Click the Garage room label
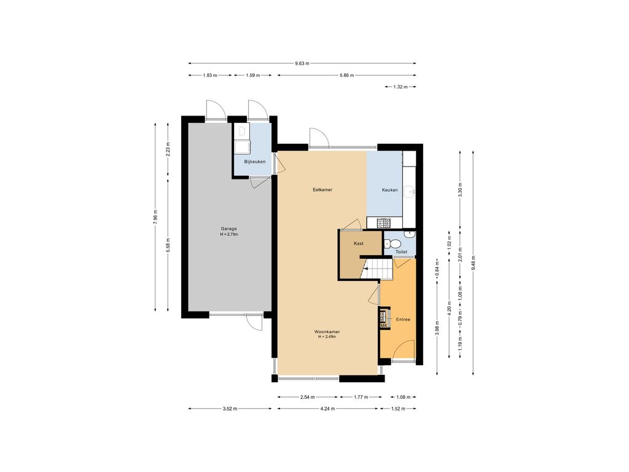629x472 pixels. click(229, 229)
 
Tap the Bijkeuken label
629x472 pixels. click(255, 162)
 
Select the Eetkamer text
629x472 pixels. click(322, 189)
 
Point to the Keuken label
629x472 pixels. click(390, 190)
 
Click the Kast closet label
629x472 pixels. click(359, 243)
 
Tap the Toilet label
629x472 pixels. click(401, 251)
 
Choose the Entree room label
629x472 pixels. click(403, 320)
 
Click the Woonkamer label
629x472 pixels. click(327, 332)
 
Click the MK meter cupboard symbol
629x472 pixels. click(384, 326)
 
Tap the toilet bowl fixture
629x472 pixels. click(391, 243)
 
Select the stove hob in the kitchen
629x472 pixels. click(383, 222)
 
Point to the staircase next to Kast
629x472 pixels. click(377, 268)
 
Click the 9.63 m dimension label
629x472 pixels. click(302, 63)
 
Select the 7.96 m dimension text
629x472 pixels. click(155, 217)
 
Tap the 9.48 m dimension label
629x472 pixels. click(474, 262)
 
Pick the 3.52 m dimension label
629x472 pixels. click(230, 409)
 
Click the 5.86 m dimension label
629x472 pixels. click(346, 75)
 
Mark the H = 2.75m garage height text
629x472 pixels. click(229, 234)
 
